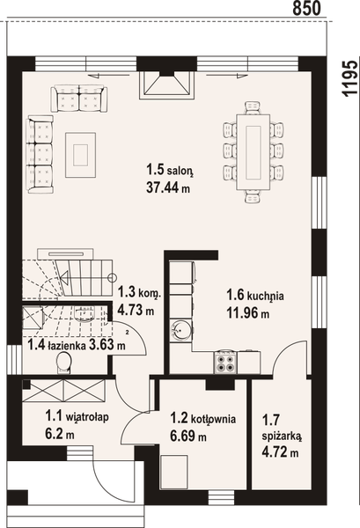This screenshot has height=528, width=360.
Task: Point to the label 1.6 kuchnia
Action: [x=254, y=297]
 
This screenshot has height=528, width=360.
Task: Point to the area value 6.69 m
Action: [x=188, y=436]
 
